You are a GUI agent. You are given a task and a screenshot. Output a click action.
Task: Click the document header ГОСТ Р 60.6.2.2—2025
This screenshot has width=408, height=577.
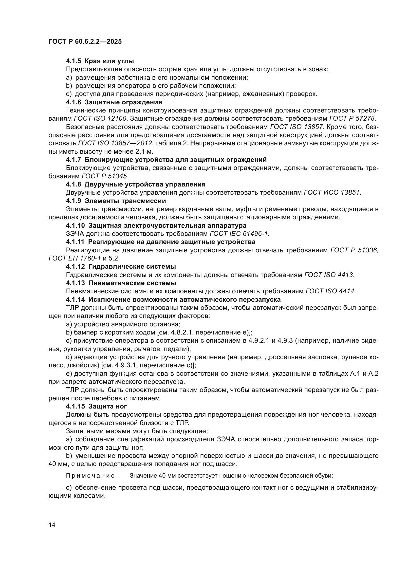tap(85, 42)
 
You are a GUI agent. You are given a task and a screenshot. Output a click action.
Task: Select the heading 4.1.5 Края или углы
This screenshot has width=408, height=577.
tap(100, 61)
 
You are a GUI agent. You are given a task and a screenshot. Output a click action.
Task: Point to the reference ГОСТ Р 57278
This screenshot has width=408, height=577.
tap(352, 118)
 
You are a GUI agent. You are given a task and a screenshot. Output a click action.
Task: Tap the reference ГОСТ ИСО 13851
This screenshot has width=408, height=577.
tap(332, 192)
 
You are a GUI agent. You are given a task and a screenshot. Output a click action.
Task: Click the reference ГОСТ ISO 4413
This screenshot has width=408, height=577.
tap(329, 275)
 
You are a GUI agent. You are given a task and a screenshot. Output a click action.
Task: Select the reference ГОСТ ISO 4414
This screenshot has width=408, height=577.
tap(330, 291)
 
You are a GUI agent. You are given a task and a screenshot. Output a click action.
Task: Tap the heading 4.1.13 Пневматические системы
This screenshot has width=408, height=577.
tap(121, 283)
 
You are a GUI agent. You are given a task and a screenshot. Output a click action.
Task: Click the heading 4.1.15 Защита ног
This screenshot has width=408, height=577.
tap(96, 406)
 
